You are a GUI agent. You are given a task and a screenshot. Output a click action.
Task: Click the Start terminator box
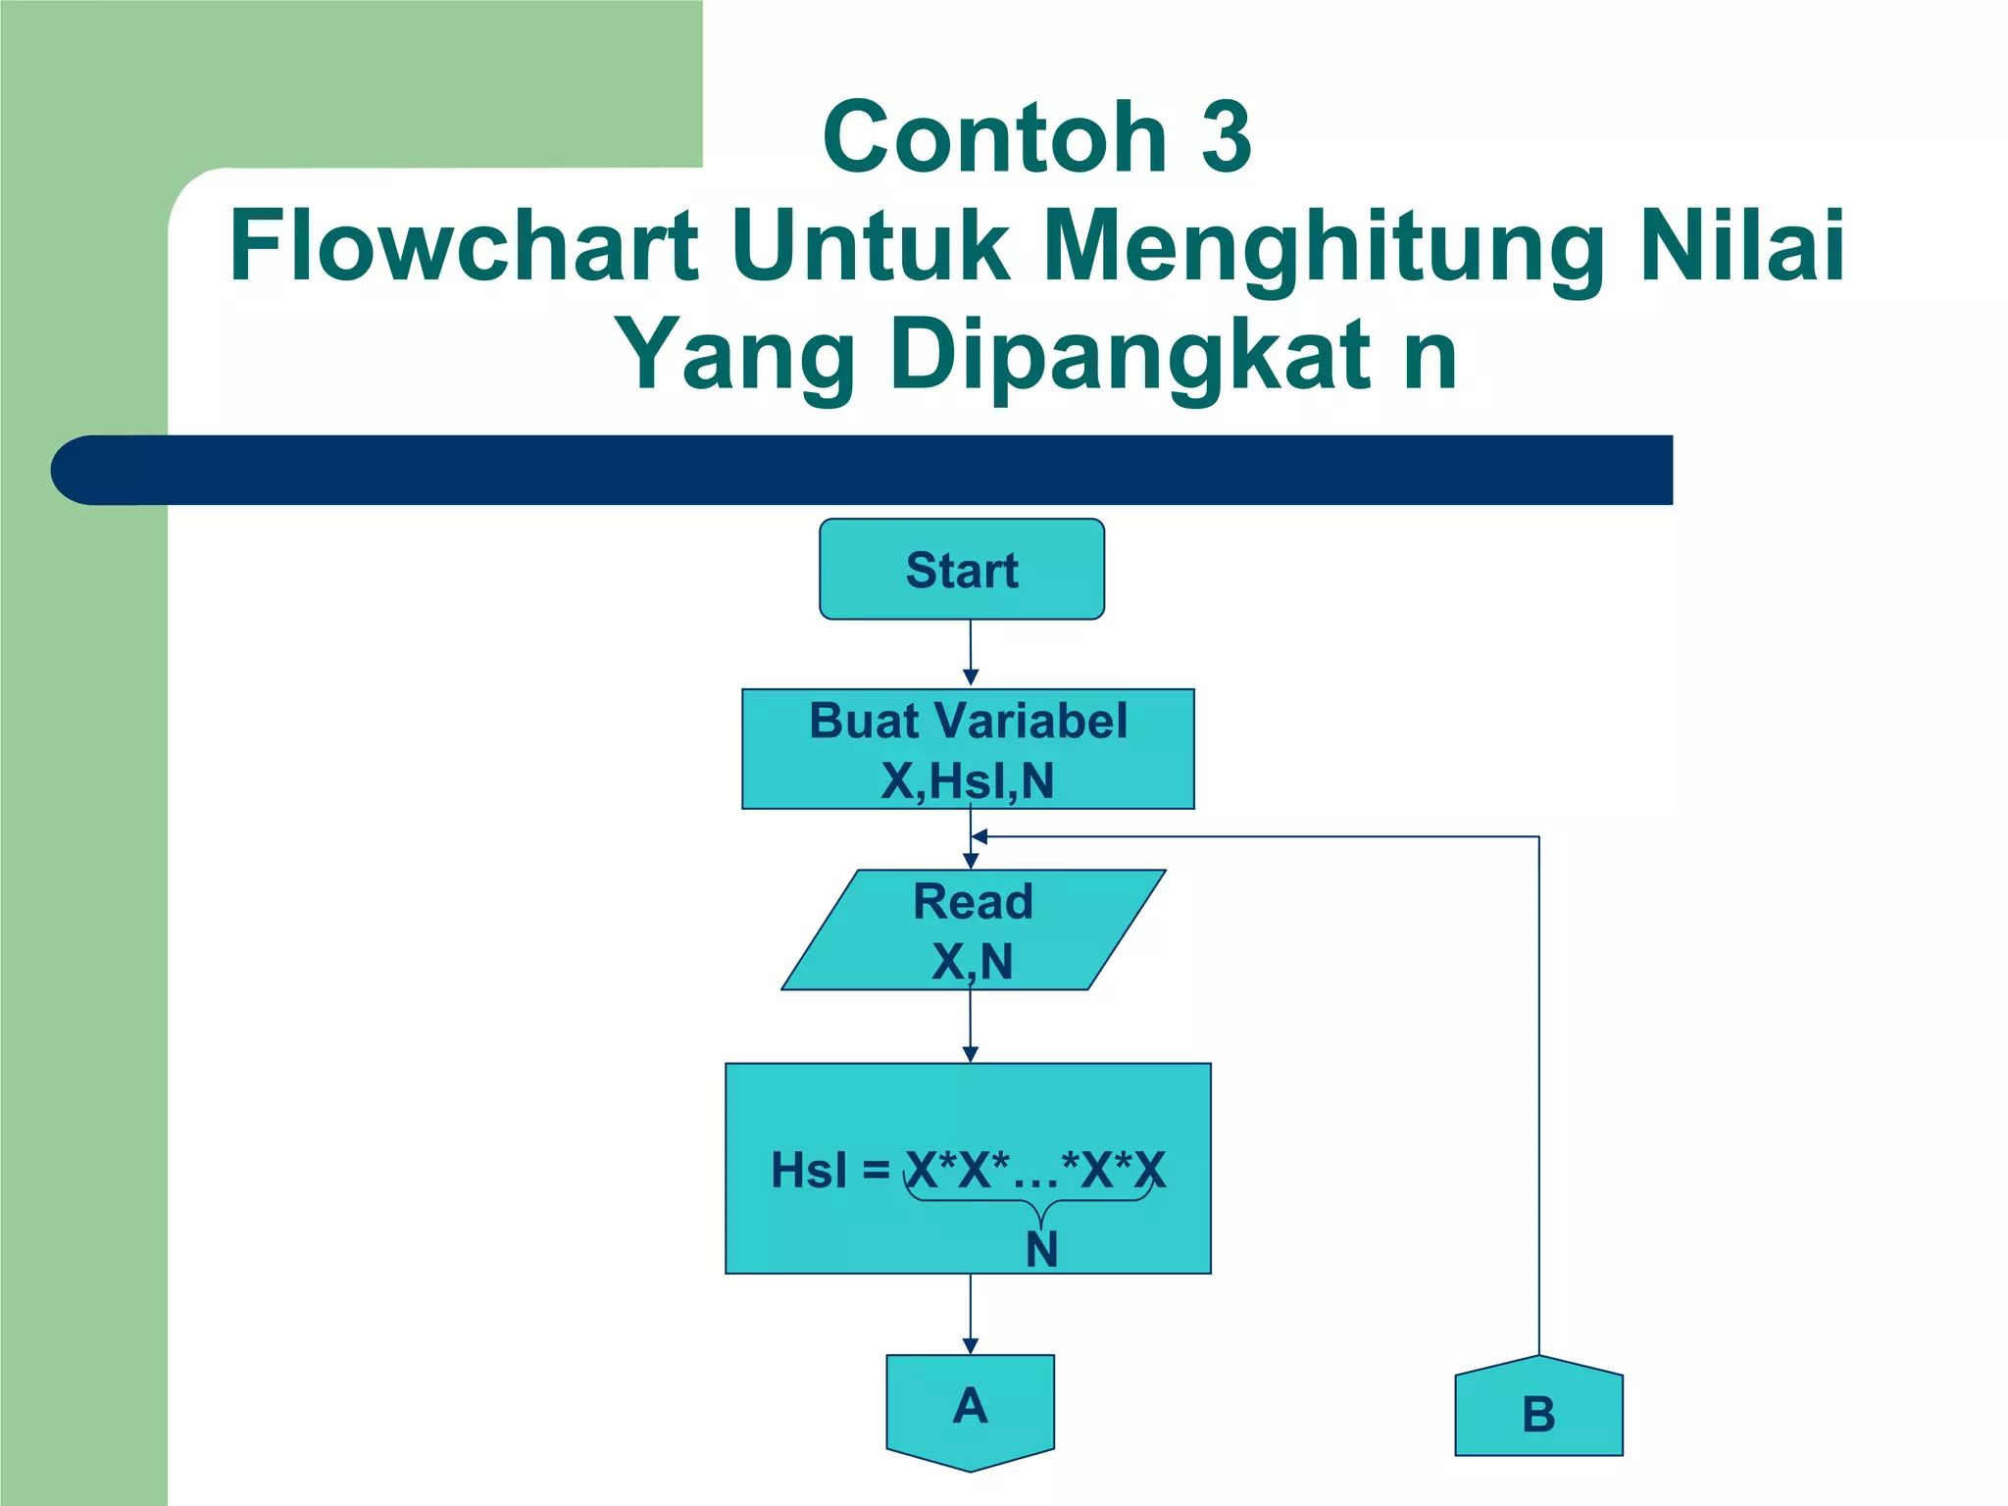coord(962,570)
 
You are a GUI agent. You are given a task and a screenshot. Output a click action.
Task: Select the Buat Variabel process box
coord(968,749)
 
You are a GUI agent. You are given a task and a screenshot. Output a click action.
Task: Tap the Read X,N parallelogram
coord(973,929)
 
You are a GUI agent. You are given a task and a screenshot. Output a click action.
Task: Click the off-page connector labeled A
coord(970,1410)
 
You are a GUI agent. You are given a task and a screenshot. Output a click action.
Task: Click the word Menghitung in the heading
coord(1324,247)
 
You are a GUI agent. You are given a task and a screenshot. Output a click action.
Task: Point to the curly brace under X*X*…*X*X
coord(1029,1202)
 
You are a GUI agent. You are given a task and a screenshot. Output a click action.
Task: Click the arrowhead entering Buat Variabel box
coord(971,678)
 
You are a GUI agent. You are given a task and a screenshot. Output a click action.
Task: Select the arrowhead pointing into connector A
coord(971,1346)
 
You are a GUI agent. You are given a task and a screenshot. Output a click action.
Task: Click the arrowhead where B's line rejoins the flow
coord(979,836)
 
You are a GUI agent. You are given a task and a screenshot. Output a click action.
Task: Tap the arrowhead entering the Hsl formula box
coord(971,1054)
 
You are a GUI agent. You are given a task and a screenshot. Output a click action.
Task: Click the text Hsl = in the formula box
coord(829,1170)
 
